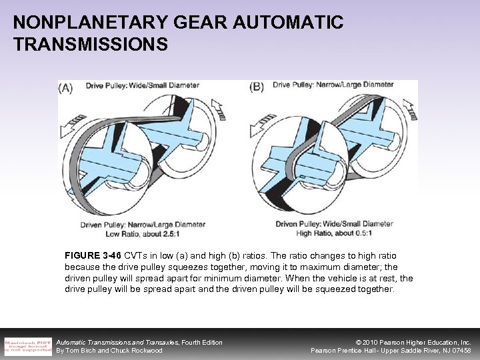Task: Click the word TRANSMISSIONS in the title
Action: (91, 45)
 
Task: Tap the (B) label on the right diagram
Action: (257, 87)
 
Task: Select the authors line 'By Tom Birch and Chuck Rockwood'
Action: (109, 351)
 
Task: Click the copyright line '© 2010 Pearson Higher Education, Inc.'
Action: (406, 342)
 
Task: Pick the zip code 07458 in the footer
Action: (460, 351)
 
